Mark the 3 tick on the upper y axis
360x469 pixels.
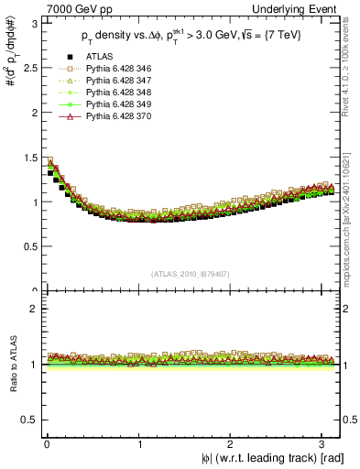pyautogui.click(x=35, y=23)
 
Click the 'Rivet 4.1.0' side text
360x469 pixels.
pyautogui.click(x=353, y=64)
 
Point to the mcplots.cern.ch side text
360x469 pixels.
pyautogui.click(x=353, y=211)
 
